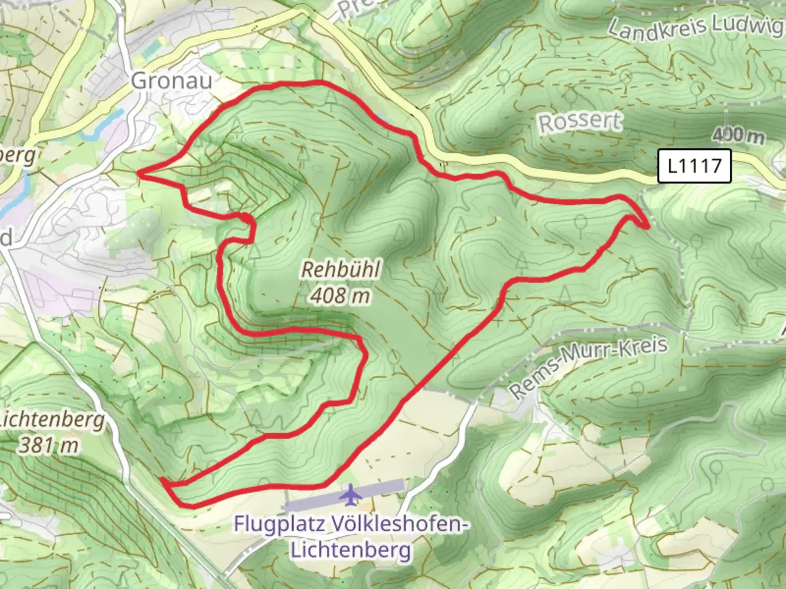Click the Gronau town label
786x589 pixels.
pyautogui.click(x=171, y=81)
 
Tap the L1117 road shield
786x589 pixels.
pyautogui.click(x=694, y=166)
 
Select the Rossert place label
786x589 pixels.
pyautogui.click(x=580, y=122)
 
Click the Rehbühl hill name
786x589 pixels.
pyautogui.click(x=341, y=269)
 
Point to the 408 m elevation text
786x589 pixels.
pyautogui.click(x=341, y=296)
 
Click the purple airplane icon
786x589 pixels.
pyautogui.click(x=349, y=495)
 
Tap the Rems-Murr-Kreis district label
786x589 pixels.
pyautogui.click(x=588, y=367)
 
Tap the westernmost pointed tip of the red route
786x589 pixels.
pyautogui.click(x=139, y=173)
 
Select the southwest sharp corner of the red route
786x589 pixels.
pyautogui.click(x=163, y=480)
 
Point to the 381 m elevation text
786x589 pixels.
pyautogui.click(x=49, y=446)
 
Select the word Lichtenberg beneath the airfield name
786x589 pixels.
pyautogui.click(x=350, y=549)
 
